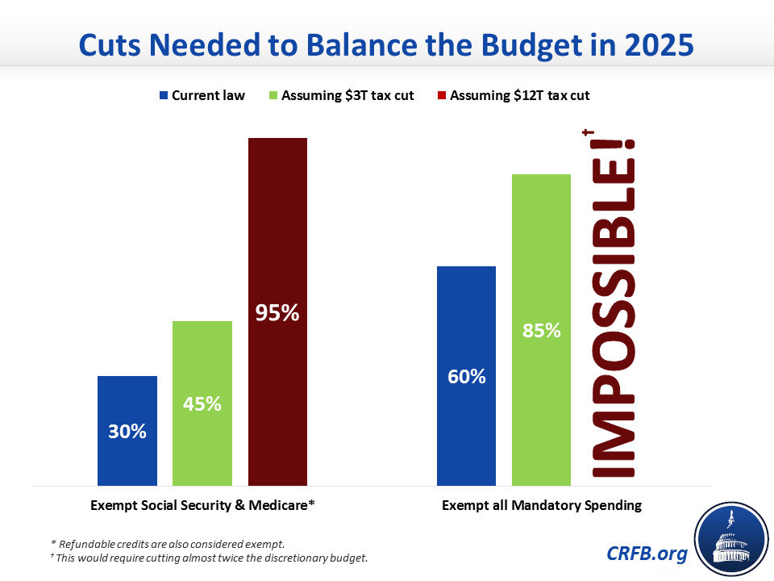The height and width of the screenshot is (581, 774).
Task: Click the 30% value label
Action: pyautogui.click(x=127, y=431)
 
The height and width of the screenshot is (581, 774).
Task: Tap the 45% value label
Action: pyautogui.click(x=202, y=404)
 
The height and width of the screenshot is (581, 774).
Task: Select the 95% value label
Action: pyautogui.click(x=277, y=313)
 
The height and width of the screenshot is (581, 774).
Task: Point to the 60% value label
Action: pyautogui.click(x=467, y=377)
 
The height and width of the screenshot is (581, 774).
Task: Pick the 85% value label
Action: pyautogui.click(x=542, y=331)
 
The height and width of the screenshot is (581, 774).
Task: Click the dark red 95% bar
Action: pyautogui.click(x=277, y=311)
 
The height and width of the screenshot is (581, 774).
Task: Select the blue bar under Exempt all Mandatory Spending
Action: pyautogui.click(x=467, y=376)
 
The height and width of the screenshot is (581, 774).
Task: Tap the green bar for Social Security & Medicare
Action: pyautogui.click(x=202, y=403)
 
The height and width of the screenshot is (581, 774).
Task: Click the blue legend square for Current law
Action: pyautogui.click(x=164, y=95)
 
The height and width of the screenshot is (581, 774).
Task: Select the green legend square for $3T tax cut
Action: pyautogui.click(x=273, y=95)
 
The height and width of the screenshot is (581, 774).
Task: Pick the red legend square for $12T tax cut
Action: pyautogui.click(x=442, y=95)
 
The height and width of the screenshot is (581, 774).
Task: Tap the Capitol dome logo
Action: pyautogui.click(x=731, y=539)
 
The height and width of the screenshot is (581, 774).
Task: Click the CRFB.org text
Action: pyautogui.click(x=647, y=554)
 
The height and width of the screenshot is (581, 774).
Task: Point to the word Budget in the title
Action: pyautogui.click(x=531, y=46)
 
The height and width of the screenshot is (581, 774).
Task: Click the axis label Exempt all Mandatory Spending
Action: pyautogui.click(x=542, y=505)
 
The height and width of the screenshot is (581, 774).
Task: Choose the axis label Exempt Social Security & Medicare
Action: pyautogui.click(x=202, y=505)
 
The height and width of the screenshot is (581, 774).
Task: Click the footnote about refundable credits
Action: pyautogui.click(x=168, y=544)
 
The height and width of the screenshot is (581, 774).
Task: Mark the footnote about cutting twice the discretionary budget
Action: pyautogui.click(x=209, y=558)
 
